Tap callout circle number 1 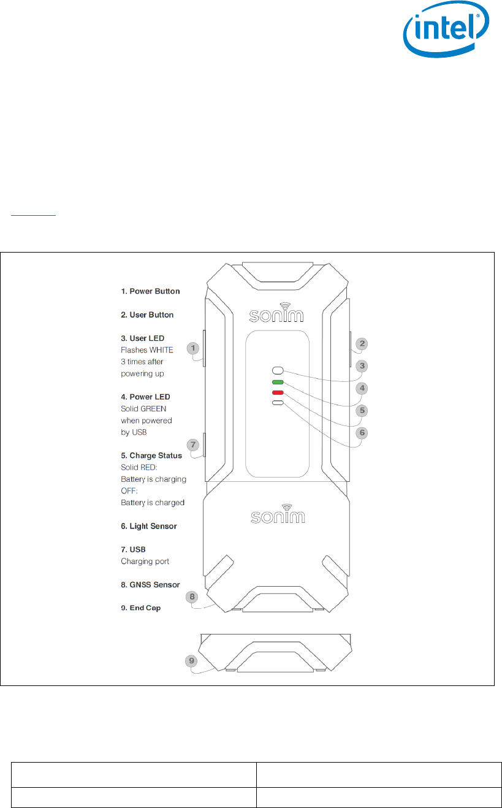coord(194,348)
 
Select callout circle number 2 coord(362,344)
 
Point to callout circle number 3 coord(362,366)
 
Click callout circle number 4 coord(362,388)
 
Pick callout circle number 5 coord(362,410)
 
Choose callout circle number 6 coord(362,432)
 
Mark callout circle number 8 coord(192,596)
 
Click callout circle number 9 coord(192,661)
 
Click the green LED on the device coord(278,382)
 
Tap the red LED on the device coord(278,392)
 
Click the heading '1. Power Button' coord(150,291)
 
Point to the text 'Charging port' coord(145,561)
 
